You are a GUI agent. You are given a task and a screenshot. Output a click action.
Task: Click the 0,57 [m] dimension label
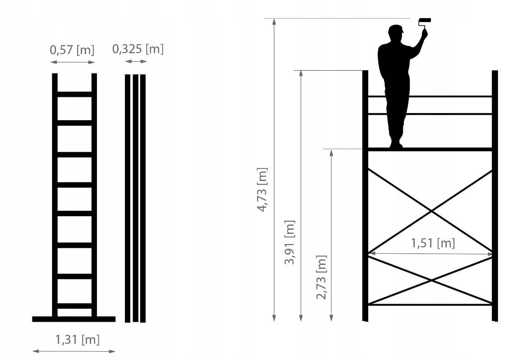[x=72, y=50]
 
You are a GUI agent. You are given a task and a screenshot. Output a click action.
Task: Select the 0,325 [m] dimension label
[x=138, y=49]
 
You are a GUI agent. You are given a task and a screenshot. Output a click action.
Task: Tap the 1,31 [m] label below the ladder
[x=78, y=340]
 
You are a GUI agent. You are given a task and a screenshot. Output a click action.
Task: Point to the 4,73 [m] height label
[x=262, y=190]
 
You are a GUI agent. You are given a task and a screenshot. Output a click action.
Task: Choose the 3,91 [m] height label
[x=289, y=242]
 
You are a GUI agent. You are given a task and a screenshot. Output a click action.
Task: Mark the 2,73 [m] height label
[x=321, y=277]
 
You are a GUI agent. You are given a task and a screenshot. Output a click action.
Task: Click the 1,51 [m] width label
[x=433, y=243]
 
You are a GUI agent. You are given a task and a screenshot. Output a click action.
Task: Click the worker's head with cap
[x=395, y=33]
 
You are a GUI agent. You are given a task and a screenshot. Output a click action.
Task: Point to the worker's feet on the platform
[x=396, y=145]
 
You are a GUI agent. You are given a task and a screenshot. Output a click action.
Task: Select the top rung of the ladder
[x=74, y=94]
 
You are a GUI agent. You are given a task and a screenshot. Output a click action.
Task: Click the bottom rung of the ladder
[x=74, y=306]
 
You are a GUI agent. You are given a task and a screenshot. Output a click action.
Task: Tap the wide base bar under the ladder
[x=74, y=319]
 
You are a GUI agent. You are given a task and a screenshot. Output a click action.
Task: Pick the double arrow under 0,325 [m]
[x=136, y=61]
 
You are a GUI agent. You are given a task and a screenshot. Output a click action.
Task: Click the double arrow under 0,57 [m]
[x=73, y=62]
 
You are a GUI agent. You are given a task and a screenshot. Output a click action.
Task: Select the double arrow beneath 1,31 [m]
[x=74, y=351]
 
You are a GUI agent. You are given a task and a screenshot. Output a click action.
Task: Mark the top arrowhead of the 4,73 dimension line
[x=274, y=22]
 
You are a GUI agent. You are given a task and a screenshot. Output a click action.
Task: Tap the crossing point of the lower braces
[x=431, y=280]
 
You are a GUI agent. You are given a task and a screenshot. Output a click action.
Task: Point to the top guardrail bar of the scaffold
[x=430, y=96]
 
